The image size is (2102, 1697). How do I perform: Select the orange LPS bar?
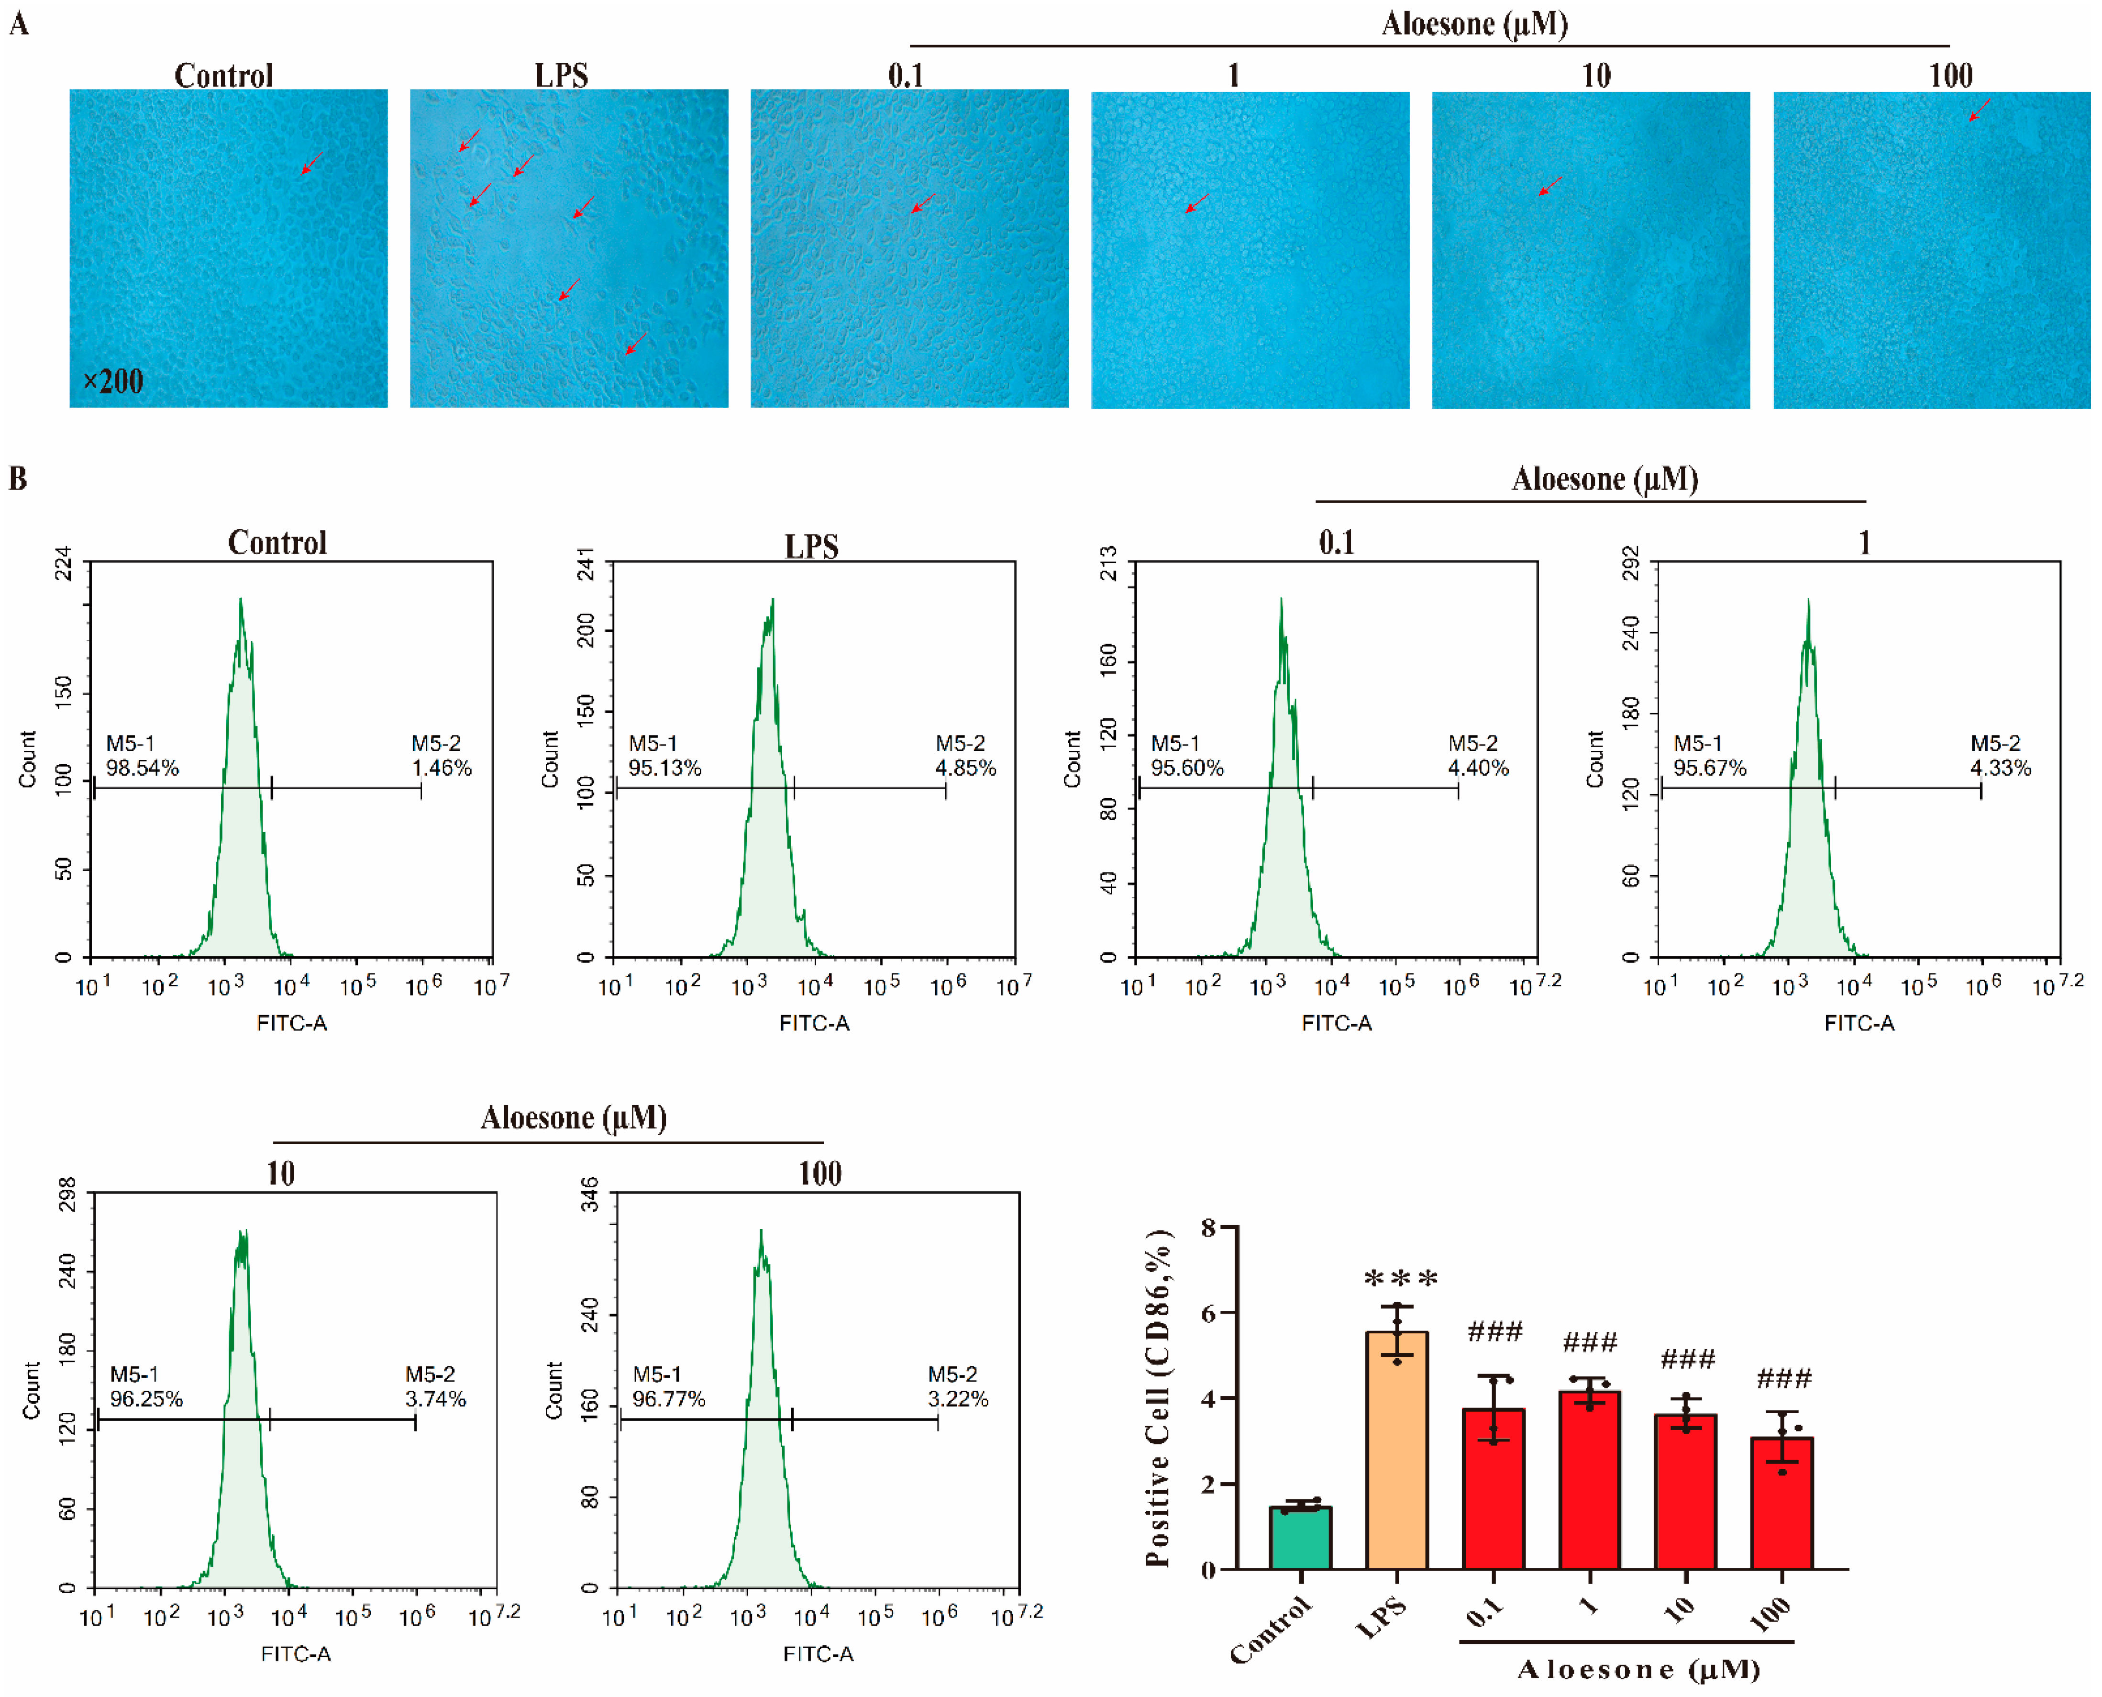[1396, 1451]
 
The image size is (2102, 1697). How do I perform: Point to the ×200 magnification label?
[113, 381]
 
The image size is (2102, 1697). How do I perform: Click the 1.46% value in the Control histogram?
[442, 769]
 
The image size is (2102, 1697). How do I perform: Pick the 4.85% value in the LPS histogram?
[965, 769]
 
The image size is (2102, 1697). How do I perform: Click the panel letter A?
[19, 23]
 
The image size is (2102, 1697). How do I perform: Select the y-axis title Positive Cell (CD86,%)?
[1158, 1398]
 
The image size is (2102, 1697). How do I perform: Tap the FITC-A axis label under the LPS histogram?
[814, 1024]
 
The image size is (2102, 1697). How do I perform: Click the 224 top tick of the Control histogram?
[63, 564]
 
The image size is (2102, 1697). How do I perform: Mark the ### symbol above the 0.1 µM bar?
[1494, 1331]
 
